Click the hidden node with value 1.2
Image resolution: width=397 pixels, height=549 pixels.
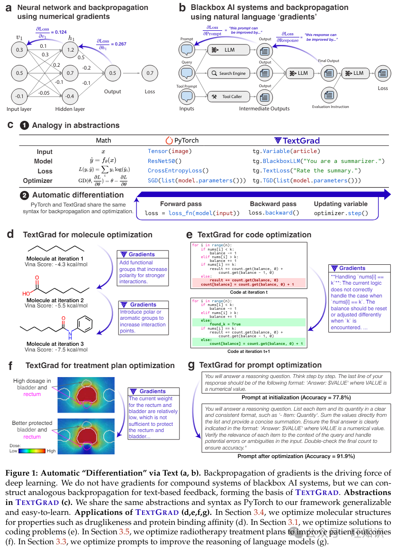click(70, 49)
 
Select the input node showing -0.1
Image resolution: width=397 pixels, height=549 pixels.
click(19, 97)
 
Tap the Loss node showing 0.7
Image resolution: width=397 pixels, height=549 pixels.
click(150, 73)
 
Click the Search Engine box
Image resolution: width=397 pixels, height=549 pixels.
click(228, 73)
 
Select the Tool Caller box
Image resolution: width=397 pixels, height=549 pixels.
click(228, 97)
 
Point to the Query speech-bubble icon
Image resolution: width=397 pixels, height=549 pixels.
click(187, 73)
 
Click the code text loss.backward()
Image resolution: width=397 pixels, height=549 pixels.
click(274, 213)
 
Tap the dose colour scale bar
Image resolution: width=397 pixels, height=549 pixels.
click(32, 451)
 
